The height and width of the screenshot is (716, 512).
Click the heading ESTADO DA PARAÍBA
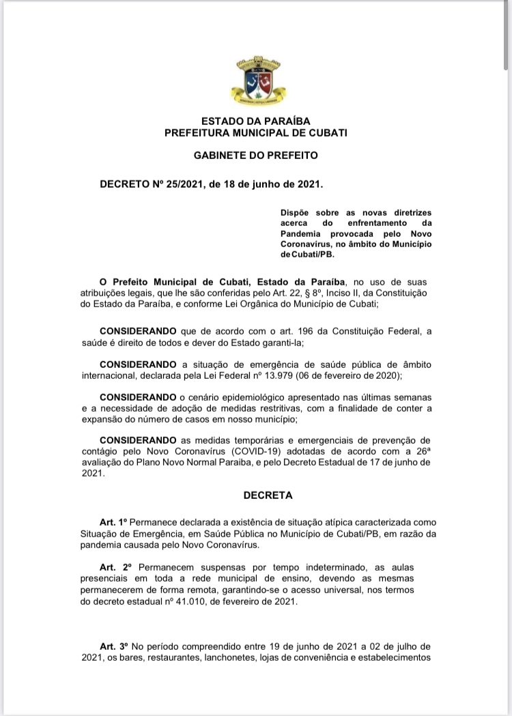256,121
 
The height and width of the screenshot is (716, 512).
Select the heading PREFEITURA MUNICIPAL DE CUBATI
256,133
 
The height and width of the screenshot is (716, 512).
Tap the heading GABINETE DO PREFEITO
256,156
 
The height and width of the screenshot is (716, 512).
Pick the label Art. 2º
115,567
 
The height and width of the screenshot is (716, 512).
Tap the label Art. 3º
113,646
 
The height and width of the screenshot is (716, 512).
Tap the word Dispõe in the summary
295,213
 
